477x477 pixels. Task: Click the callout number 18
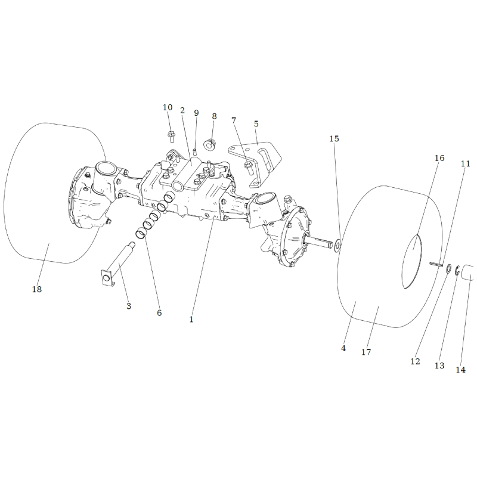(x=37, y=289)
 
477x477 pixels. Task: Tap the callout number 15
(x=334, y=139)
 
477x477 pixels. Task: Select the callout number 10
(x=168, y=107)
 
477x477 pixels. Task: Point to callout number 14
(x=460, y=370)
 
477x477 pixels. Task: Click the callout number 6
(x=159, y=312)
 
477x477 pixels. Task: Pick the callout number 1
(x=191, y=320)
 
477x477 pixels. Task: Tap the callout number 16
(x=439, y=158)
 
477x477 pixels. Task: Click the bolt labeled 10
(x=171, y=137)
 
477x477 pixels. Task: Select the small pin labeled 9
(x=195, y=151)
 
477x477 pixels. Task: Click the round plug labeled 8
(x=209, y=144)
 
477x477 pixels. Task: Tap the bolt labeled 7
(x=248, y=168)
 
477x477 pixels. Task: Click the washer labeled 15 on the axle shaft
(x=337, y=246)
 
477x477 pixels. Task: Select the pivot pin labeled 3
(x=119, y=264)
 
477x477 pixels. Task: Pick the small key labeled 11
(x=436, y=264)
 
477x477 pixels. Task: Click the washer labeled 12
(x=448, y=269)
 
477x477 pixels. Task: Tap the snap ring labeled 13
(x=457, y=271)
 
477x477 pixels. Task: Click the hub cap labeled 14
(x=467, y=272)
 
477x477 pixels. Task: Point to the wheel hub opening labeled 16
(x=411, y=262)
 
